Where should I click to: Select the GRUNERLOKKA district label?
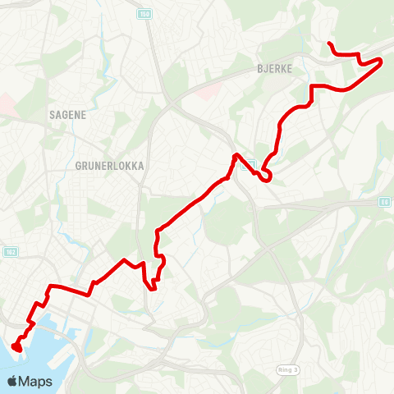[x=109, y=165]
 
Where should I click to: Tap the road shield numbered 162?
[x=10, y=251]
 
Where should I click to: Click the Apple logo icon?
[x=13, y=382]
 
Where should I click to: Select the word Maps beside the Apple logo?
[x=37, y=382]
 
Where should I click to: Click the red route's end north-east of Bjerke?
[x=328, y=44]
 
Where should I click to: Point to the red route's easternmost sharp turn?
[x=382, y=62]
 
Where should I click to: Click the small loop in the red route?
[x=266, y=176]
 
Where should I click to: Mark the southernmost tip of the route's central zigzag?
[x=153, y=287]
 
